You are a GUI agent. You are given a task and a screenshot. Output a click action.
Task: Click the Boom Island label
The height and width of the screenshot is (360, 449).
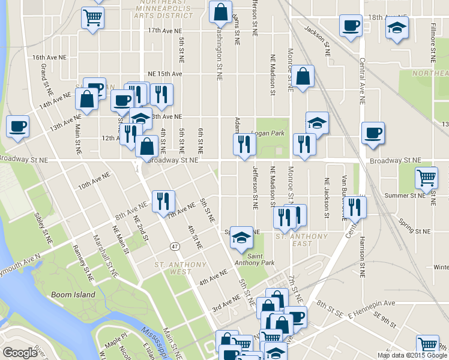point(73,295)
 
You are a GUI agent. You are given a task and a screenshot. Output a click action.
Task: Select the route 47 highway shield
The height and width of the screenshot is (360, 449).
point(175,246)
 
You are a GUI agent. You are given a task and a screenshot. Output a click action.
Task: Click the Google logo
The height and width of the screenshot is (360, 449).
point(20,353)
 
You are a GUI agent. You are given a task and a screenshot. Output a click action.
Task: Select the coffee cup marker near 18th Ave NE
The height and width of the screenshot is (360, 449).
point(350,26)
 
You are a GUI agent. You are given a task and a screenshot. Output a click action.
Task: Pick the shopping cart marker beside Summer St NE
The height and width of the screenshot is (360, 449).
point(426,178)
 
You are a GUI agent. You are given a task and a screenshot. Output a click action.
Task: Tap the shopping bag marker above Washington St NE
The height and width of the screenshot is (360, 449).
point(220,11)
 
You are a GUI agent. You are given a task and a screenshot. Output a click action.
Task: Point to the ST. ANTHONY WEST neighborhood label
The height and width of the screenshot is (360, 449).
point(172,268)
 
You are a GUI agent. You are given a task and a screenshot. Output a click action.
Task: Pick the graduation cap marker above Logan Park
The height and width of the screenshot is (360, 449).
point(317,122)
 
